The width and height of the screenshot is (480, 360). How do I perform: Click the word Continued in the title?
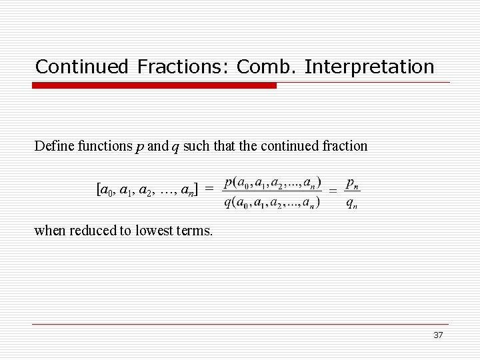[81, 67]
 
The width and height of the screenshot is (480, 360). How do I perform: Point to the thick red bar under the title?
[155, 85]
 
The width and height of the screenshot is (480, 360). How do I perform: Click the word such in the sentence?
[198, 146]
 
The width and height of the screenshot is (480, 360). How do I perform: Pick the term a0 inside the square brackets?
[106, 191]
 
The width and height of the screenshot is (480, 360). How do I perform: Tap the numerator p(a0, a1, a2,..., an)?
[272, 182]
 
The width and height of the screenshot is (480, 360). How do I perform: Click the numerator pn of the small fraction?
[353, 182]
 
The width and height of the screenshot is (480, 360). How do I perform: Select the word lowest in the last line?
[154, 231]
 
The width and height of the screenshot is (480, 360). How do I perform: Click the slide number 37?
[438, 335]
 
